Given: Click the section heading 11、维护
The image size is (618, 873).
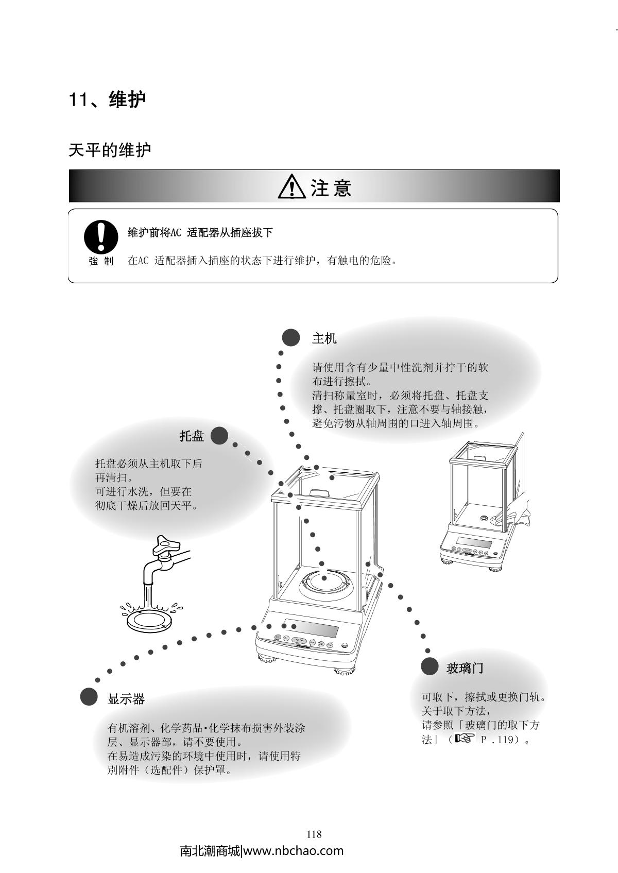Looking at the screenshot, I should (108, 99).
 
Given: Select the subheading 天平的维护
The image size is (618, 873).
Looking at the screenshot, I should (110, 150).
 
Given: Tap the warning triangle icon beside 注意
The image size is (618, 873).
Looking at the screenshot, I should (292, 186).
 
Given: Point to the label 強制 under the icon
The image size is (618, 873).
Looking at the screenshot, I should (101, 261).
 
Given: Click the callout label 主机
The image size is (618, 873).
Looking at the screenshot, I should (324, 338).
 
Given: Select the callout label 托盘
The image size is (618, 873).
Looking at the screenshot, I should (192, 436).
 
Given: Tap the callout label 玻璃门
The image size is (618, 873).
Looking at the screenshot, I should (465, 668).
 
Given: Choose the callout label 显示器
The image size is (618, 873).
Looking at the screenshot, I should (126, 699).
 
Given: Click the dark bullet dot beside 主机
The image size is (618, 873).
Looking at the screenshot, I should (291, 338).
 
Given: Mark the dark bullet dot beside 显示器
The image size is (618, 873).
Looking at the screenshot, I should (89, 697).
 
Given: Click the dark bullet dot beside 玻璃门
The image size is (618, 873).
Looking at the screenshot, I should (430, 666).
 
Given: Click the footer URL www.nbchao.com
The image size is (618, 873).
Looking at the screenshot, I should (293, 851).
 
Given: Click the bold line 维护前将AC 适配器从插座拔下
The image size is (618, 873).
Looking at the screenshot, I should (200, 233).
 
